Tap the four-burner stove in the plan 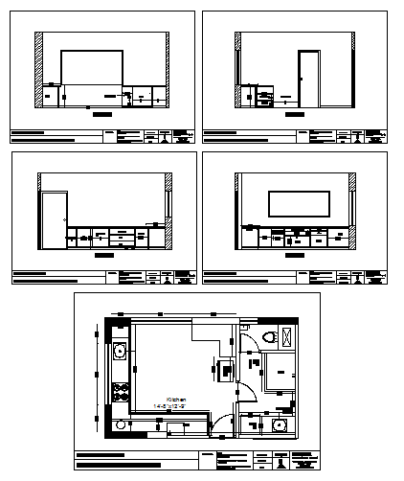(121, 391)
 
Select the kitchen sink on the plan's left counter (120, 352)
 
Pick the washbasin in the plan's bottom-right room (279, 426)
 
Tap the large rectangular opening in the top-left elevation (92, 72)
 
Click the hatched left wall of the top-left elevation (39, 67)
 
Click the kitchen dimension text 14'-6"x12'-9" (176, 406)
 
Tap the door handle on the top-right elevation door (303, 81)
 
